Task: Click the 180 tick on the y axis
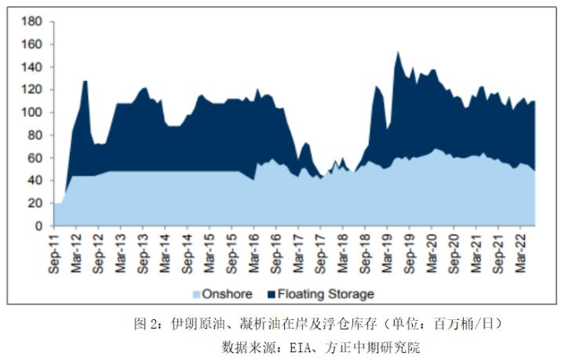31,22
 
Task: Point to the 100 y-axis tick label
31,113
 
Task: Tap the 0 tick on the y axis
38,226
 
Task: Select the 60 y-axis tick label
35,158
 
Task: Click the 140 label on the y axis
31,67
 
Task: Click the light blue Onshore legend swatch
198,295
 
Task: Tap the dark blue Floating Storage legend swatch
271,295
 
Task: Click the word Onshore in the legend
228,295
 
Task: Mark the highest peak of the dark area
398,53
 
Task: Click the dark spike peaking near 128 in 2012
85,82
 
